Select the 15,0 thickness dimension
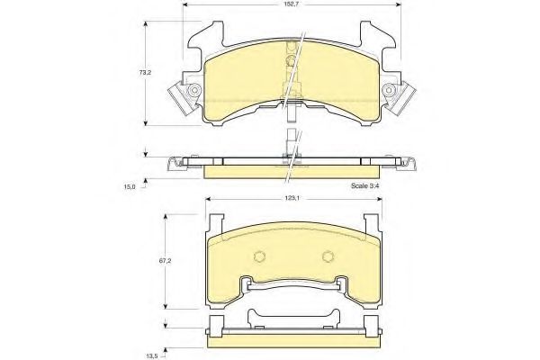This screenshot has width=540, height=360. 130,186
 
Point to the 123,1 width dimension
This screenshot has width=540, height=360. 291,198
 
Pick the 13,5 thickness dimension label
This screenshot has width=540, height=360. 149,355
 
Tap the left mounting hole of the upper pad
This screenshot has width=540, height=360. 194,90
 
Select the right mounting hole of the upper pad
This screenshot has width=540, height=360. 389,90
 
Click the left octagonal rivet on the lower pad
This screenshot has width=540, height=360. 260,256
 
